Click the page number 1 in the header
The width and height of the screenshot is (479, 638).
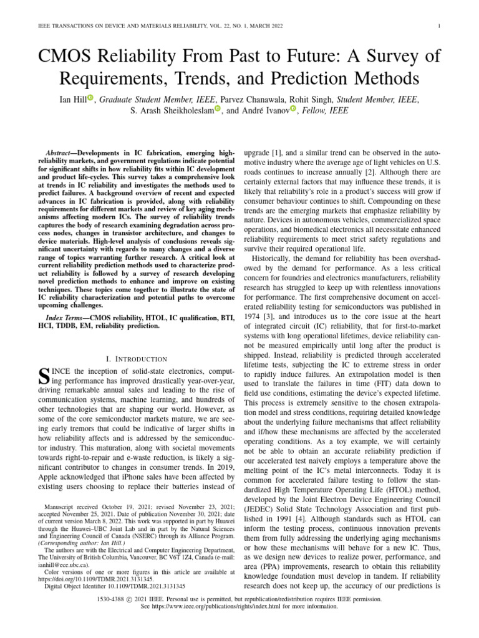pos(440,26)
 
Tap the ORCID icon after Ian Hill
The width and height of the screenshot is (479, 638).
pos(90,98)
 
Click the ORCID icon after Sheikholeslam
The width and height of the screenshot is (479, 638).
pos(217,110)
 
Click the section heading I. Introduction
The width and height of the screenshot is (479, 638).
pos(137,359)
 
